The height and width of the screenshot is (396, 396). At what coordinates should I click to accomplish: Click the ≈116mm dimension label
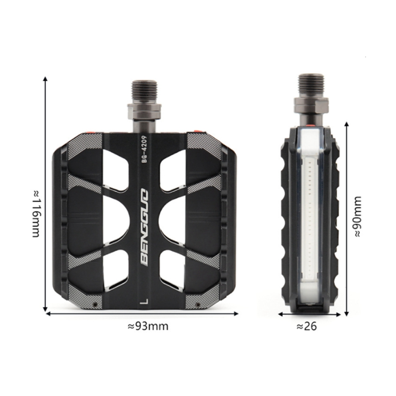(36, 214)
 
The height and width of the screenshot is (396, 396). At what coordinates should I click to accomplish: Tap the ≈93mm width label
(148, 326)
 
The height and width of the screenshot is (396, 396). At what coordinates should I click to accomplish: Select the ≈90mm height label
(358, 216)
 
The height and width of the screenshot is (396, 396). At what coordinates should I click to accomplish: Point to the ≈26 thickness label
(306, 326)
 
